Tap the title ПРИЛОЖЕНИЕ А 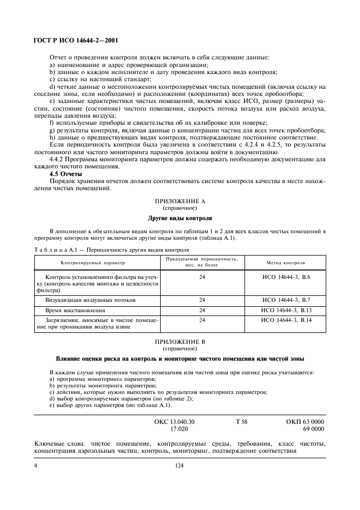pyautogui.click(x=179, y=201)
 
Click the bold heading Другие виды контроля pyautogui.click(x=179, y=218)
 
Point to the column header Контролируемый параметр pyautogui.click(x=93, y=262)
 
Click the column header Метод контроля pyautogui.click(x=285, y=262)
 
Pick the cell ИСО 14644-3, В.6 pyautogui.click(x=286, y=277)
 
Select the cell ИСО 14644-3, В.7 pyautogui.click(x=286, y=300)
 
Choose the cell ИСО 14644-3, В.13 pyautogui.click(x=286, y=310)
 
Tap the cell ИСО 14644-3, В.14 pyautogui.click(x=286, y=320)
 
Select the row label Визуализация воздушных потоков pyautogui.click(x=91, y=300)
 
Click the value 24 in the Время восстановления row pyautogui.click(x=202, y=310)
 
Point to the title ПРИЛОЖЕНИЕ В pyautogui.click(x=179, y=342)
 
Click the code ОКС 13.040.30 pyautogui.click(x=175, y=422)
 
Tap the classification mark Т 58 pyautogui.click(x=241, y=422)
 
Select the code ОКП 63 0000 pyautogui.click(x=305, y=422)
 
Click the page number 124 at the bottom pyautogui.click(x=180, y=466)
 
